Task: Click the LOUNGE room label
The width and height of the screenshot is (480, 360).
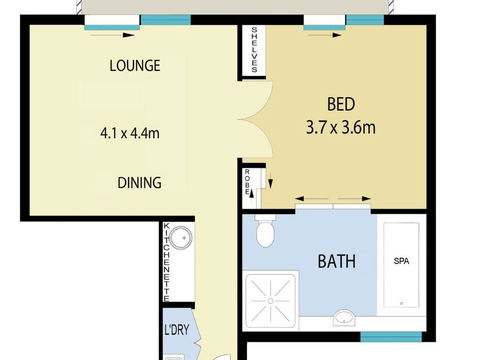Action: click(135, 66)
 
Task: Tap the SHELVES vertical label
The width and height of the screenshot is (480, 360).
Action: click(255, 50)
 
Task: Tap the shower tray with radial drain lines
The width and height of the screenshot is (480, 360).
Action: click(272, 298)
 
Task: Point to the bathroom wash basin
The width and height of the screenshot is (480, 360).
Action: click(343, 318)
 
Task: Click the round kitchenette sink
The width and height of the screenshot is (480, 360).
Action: click(180, 239)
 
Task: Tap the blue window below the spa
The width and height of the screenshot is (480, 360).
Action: click(389, 335)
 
